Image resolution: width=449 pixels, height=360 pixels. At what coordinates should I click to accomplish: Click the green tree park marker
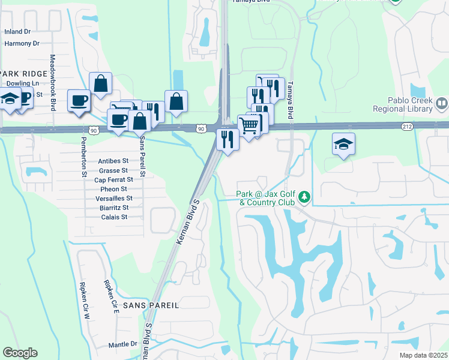pyautogui.click(x=305, y=197)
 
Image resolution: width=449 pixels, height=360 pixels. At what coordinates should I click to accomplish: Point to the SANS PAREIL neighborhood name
pyautogui.click(x=151, y=305)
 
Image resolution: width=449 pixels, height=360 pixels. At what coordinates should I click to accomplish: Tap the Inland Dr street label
pyautogui.click(x=17, y=31)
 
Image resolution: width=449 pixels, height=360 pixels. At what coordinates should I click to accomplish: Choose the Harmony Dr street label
pyautogui.click(x=22, y=43)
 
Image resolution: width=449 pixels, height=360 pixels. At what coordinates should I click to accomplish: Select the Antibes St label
pyautogui.click(x=113, y=161)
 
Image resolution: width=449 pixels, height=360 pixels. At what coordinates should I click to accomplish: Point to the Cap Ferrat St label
pyautogui.click(x=113, y=180)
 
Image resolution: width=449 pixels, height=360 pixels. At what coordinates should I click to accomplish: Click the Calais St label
pyautogui.click(x=114, y=217)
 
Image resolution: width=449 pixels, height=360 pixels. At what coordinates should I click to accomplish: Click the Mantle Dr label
pyautogui.click(x=123, y=345)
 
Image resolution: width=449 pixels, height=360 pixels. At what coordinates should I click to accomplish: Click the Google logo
pyautogui.click(x=20, y=353)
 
